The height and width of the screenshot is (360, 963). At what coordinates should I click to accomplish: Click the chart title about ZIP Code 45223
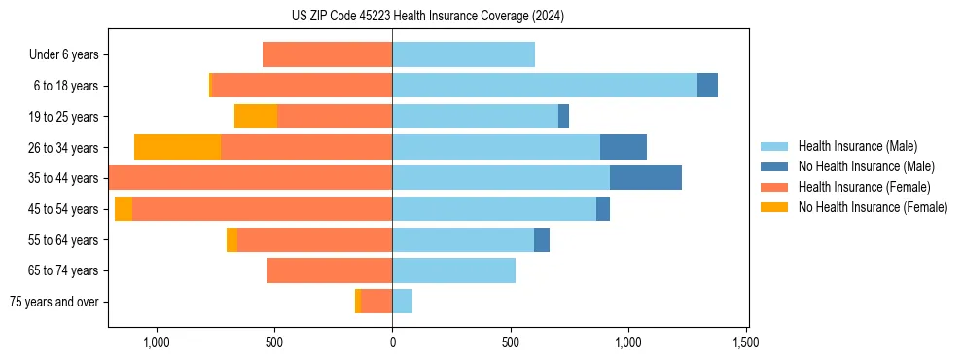click(x=428, y=16)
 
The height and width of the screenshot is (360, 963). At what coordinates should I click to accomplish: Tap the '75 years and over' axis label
click(x=54, y=302)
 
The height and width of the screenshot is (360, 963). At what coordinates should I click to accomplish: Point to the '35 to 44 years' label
click(x=64, y=178)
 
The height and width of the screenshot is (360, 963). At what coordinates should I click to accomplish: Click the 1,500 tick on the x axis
click(x=746, y=342)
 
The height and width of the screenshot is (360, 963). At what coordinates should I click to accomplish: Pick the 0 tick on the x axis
click(x=392, y=342)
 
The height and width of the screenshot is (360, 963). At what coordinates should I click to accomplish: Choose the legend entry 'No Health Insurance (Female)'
click(x=873, y=207)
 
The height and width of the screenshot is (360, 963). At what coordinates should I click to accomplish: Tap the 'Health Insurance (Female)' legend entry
click(x=864, y=187)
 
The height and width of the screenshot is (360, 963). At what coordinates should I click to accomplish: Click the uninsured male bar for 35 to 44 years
click(x=646, y=178)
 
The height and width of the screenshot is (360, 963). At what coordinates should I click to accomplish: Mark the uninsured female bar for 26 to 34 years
click(x=177, y=147)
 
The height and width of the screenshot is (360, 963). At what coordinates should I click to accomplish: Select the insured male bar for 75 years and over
click(x=402, y=302)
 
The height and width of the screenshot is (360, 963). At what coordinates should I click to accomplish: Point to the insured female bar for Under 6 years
click(x=327, y=54)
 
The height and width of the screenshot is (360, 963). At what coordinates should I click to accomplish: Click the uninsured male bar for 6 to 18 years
click(x=707, y=86)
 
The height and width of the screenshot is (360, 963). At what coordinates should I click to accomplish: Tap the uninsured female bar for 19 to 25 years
click(x=256, y=117)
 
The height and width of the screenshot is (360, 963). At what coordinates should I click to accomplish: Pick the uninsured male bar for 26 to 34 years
click(x=624, y=147)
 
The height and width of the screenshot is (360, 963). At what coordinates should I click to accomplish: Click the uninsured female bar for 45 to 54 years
click(x=124, y=209)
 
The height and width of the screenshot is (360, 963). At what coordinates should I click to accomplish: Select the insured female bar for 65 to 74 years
click(x=329, y=270)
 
